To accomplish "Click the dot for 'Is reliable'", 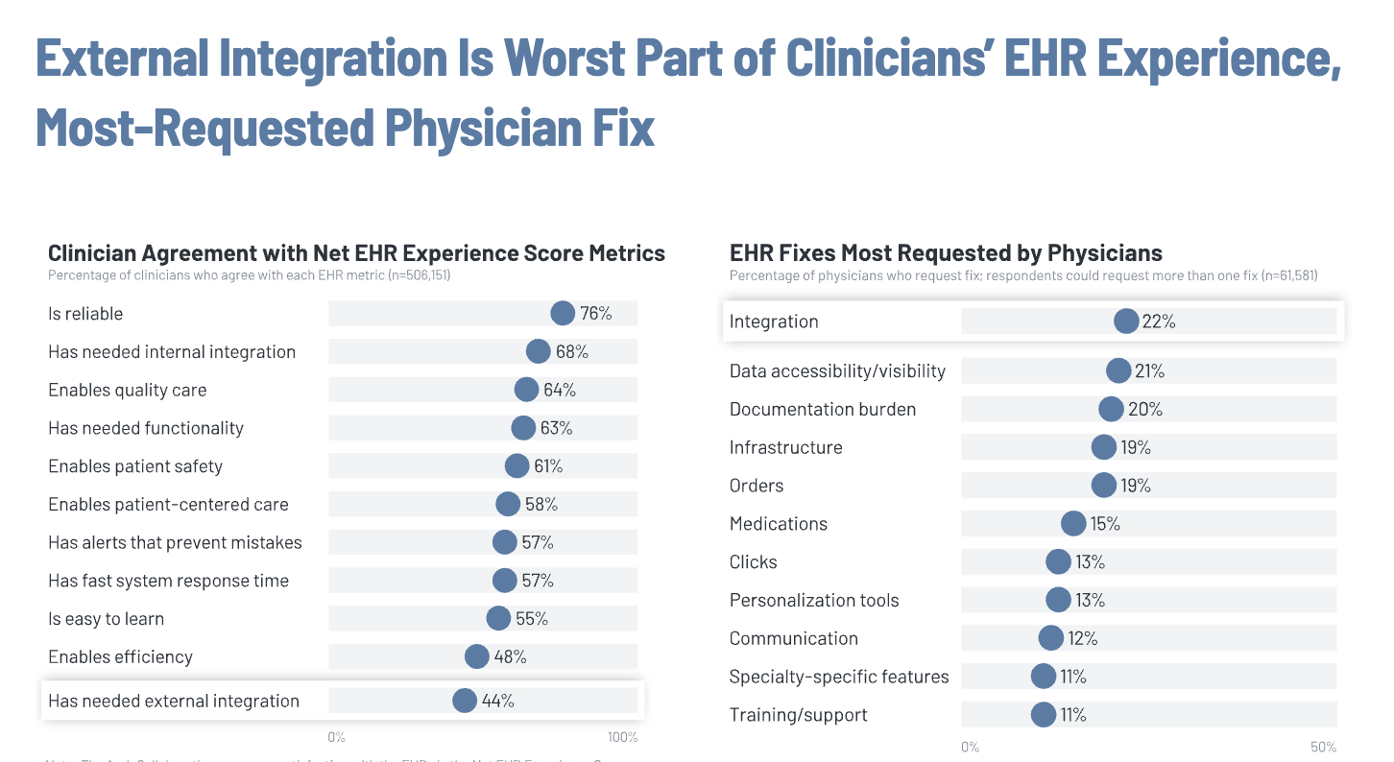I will click(563, 314).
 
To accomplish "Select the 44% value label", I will click(497, 701).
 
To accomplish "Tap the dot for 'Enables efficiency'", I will click(477, 656).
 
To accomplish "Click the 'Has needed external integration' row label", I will click(174, 701).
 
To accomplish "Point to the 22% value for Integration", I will click(1159, 321).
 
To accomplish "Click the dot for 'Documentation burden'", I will click(1111, 409).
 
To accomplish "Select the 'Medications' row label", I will click(778, 524).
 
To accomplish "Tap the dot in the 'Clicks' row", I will click(1058, 561).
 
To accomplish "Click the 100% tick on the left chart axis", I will click(622, 737).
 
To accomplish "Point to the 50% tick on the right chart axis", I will click(1323, 747).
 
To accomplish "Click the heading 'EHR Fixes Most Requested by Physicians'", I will click(946, 253).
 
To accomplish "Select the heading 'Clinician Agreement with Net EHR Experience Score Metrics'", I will click(356, 253).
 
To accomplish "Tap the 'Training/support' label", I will click(798, 715).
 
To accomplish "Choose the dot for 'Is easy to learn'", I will click(498, 619).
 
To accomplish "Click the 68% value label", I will click(571, 352).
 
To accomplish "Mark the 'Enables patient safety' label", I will click(135, 466).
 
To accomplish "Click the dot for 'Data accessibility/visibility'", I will click(1118, 370).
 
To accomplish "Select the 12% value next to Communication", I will click(1082, 638).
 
